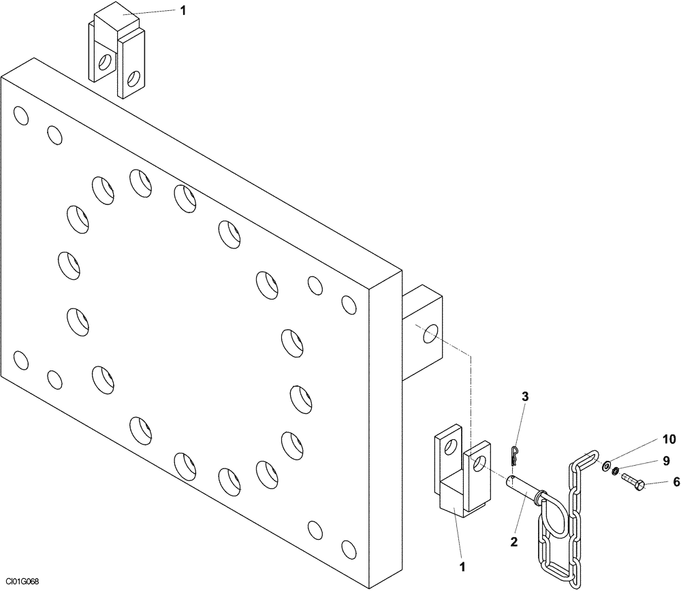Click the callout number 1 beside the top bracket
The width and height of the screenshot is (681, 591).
183,10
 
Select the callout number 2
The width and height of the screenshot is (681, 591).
514,542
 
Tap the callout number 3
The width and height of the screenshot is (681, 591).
525,396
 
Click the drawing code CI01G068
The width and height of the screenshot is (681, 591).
20,581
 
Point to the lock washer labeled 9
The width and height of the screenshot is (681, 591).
616,473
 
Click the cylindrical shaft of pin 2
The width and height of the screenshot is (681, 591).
524,489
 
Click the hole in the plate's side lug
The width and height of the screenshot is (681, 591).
428,334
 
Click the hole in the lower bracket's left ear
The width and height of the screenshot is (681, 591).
448,446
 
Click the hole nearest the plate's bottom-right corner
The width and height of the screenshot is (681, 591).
349,547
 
